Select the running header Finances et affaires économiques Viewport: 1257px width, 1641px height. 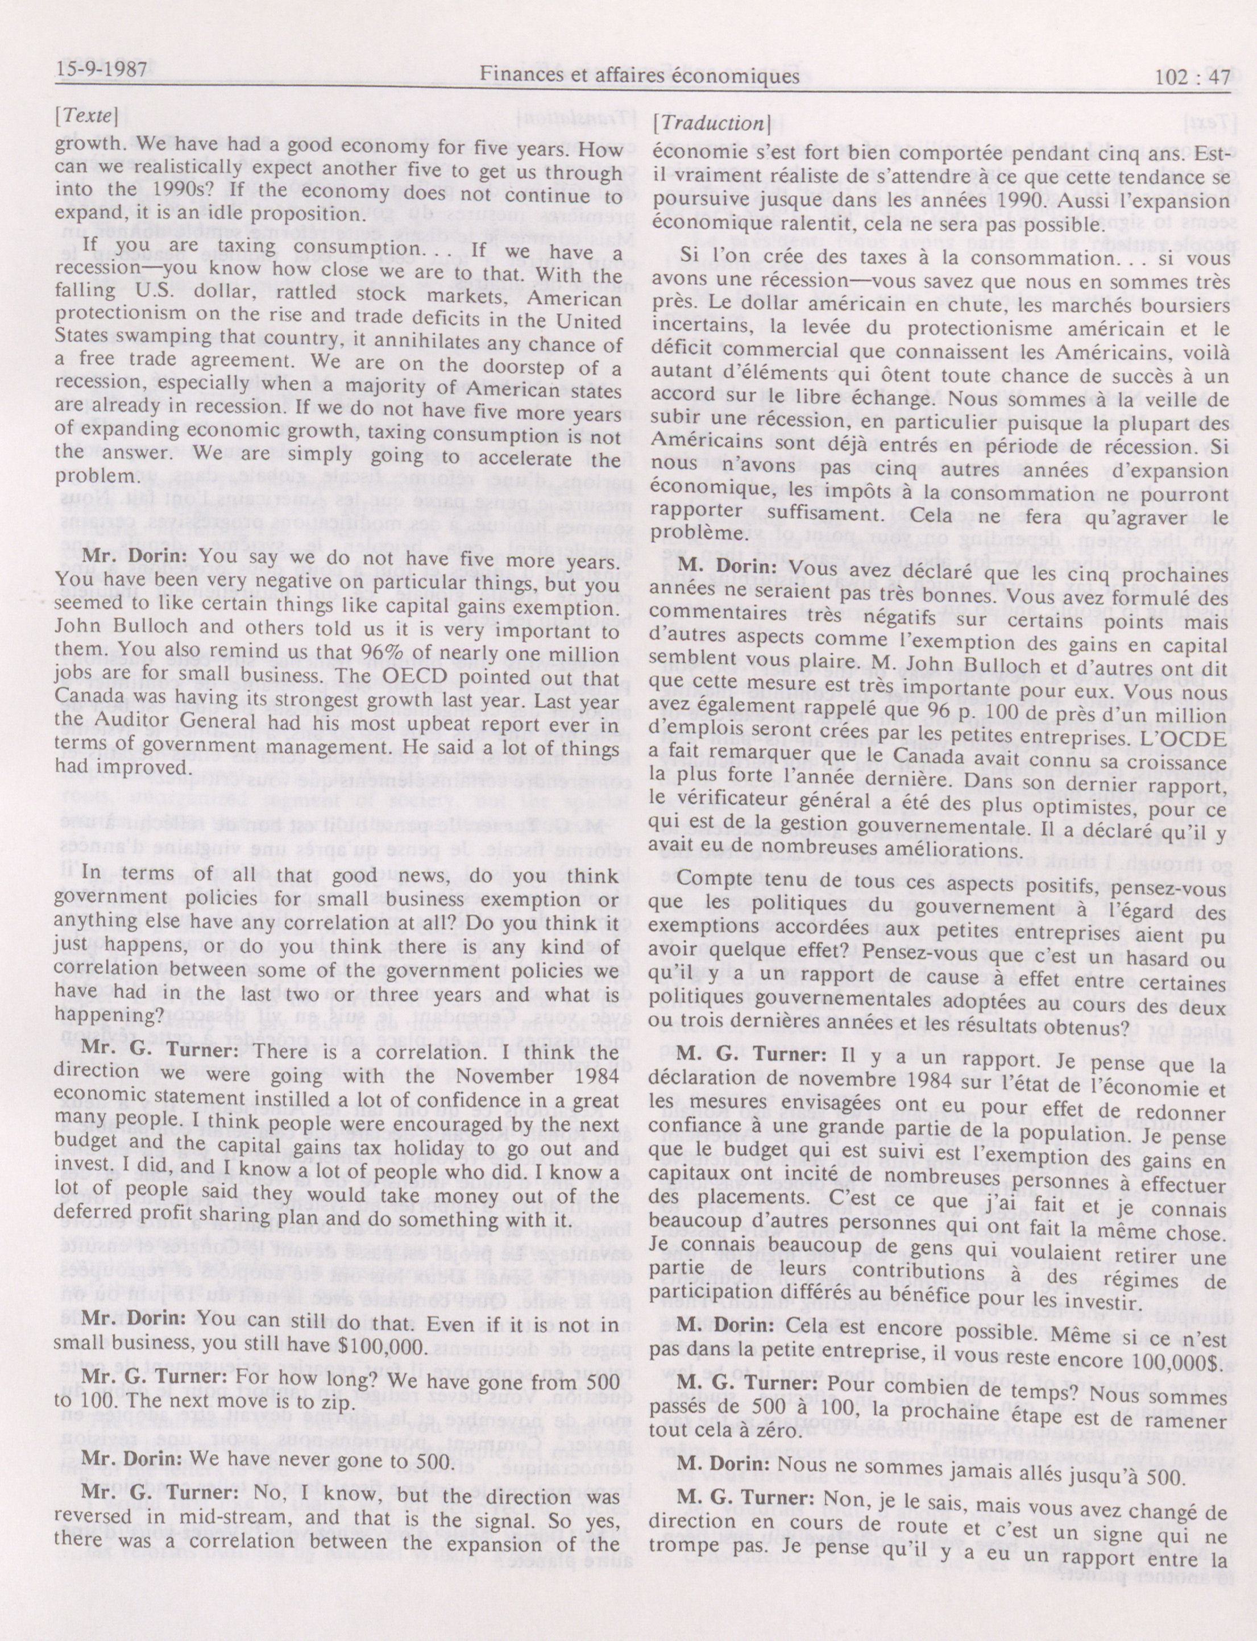pos(640,76)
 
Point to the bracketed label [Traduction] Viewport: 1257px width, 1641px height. pos(711,124)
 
